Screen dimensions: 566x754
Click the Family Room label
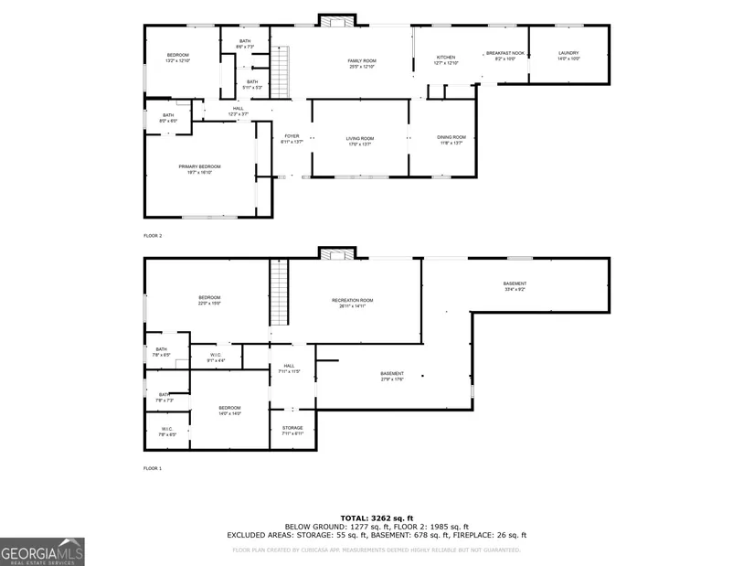coord(362,63)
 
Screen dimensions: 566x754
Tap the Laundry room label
coord(568,55)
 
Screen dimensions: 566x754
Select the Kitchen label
coord(446,59)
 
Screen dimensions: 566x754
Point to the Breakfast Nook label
coord(504,55)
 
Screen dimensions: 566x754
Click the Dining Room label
coord(451,140)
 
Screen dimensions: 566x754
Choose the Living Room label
coord(359,141)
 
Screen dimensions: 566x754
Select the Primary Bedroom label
coord(199,169)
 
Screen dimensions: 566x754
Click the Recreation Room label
coord(352,303)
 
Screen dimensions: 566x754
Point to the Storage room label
coord(292,430)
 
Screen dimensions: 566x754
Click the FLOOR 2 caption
coord(153,236)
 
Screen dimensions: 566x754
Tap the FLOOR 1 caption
coord(153,468)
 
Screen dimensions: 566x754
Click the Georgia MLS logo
coord(43,550)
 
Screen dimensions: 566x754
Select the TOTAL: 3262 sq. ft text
coord(377,518)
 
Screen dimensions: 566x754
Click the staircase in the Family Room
coord(281,64)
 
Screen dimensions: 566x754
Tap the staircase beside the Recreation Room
coord(278,291)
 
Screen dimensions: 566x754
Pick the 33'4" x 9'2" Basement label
coord(515,286)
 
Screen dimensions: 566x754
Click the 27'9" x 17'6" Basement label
coord(392,376)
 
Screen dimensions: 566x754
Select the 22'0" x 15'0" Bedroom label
coord(209,301)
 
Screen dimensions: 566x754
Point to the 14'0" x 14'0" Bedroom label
coord(228,410)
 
